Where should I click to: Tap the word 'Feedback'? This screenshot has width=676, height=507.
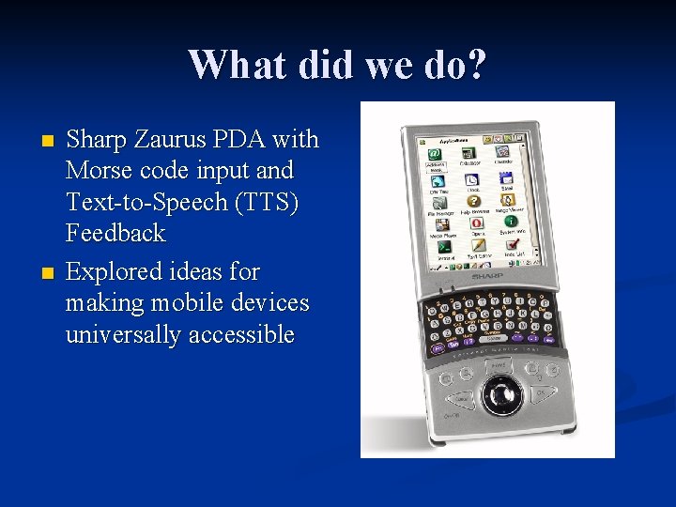tap(115, 233)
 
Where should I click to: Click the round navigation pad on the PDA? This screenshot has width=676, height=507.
tap(500, 390)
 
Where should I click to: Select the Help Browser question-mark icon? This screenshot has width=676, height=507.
tap(474, 200)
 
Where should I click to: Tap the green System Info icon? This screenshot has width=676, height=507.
tap(510, 223)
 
